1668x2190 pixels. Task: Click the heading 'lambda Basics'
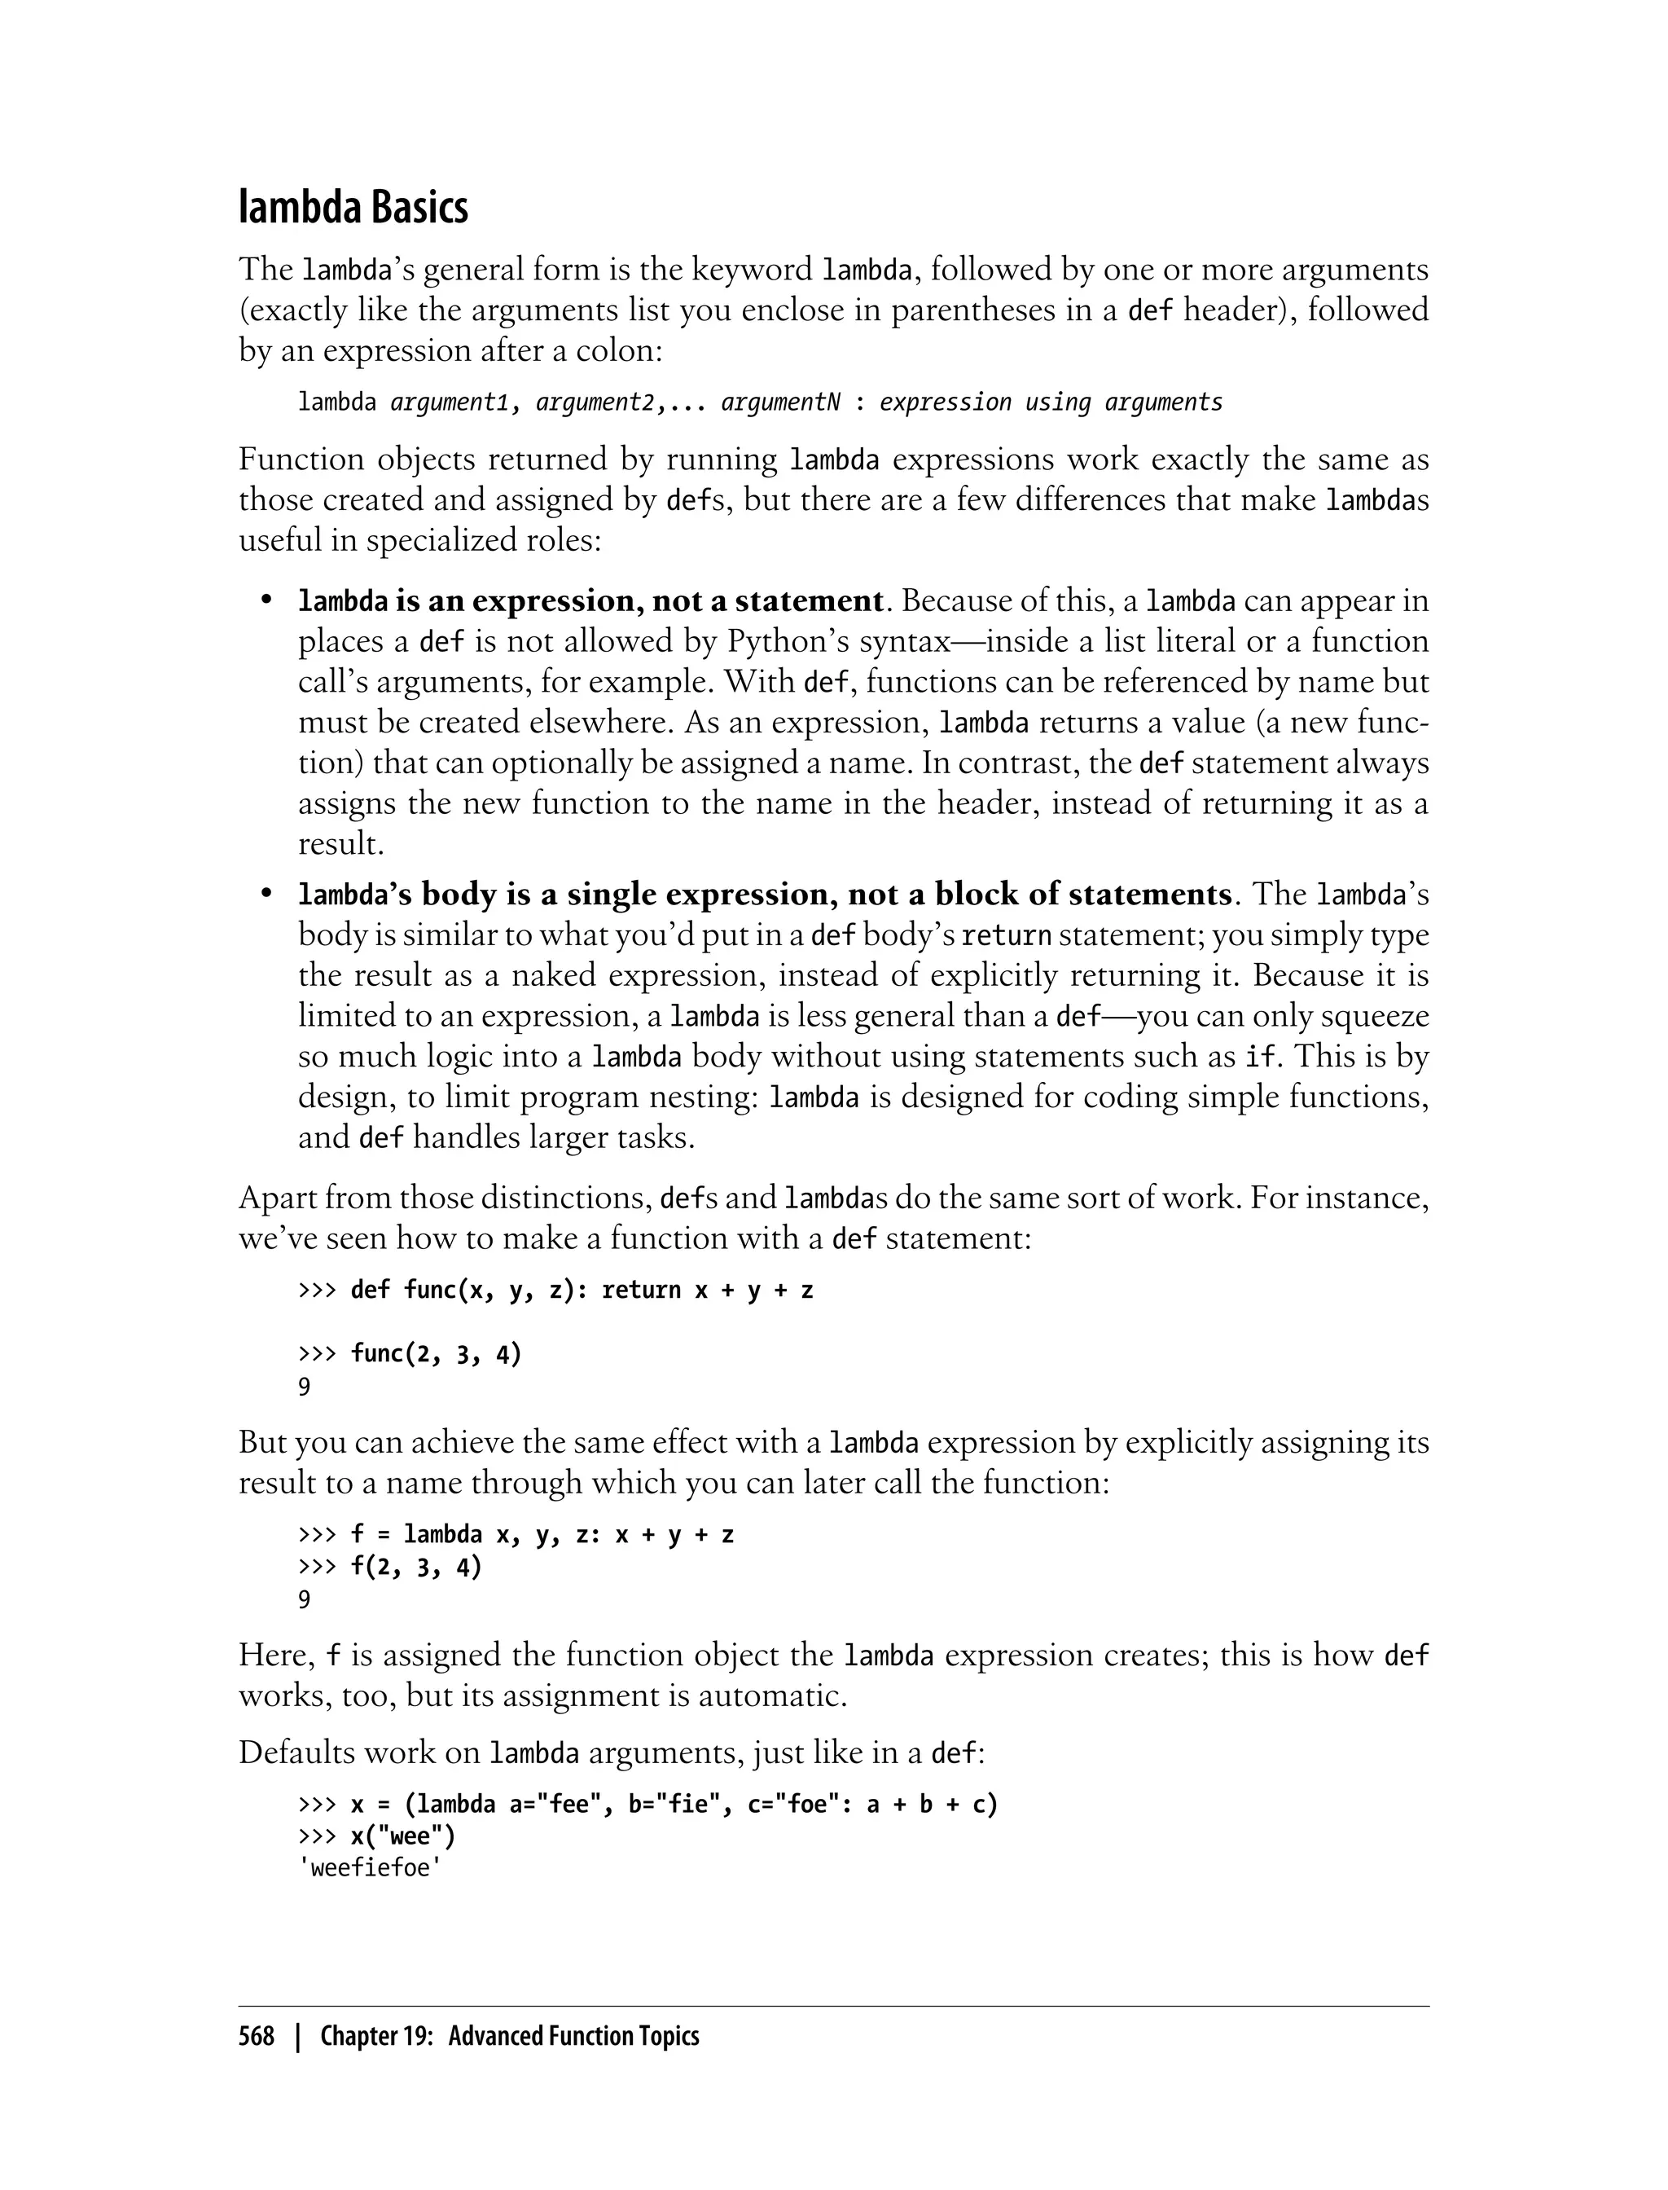353,209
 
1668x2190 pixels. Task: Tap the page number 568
257,2036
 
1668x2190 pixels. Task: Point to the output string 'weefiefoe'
369,1868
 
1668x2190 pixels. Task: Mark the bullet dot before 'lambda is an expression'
266,601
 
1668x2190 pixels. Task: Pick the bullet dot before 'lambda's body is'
266,894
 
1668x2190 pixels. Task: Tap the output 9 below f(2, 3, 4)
305,1599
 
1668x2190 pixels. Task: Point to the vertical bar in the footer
296,2036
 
